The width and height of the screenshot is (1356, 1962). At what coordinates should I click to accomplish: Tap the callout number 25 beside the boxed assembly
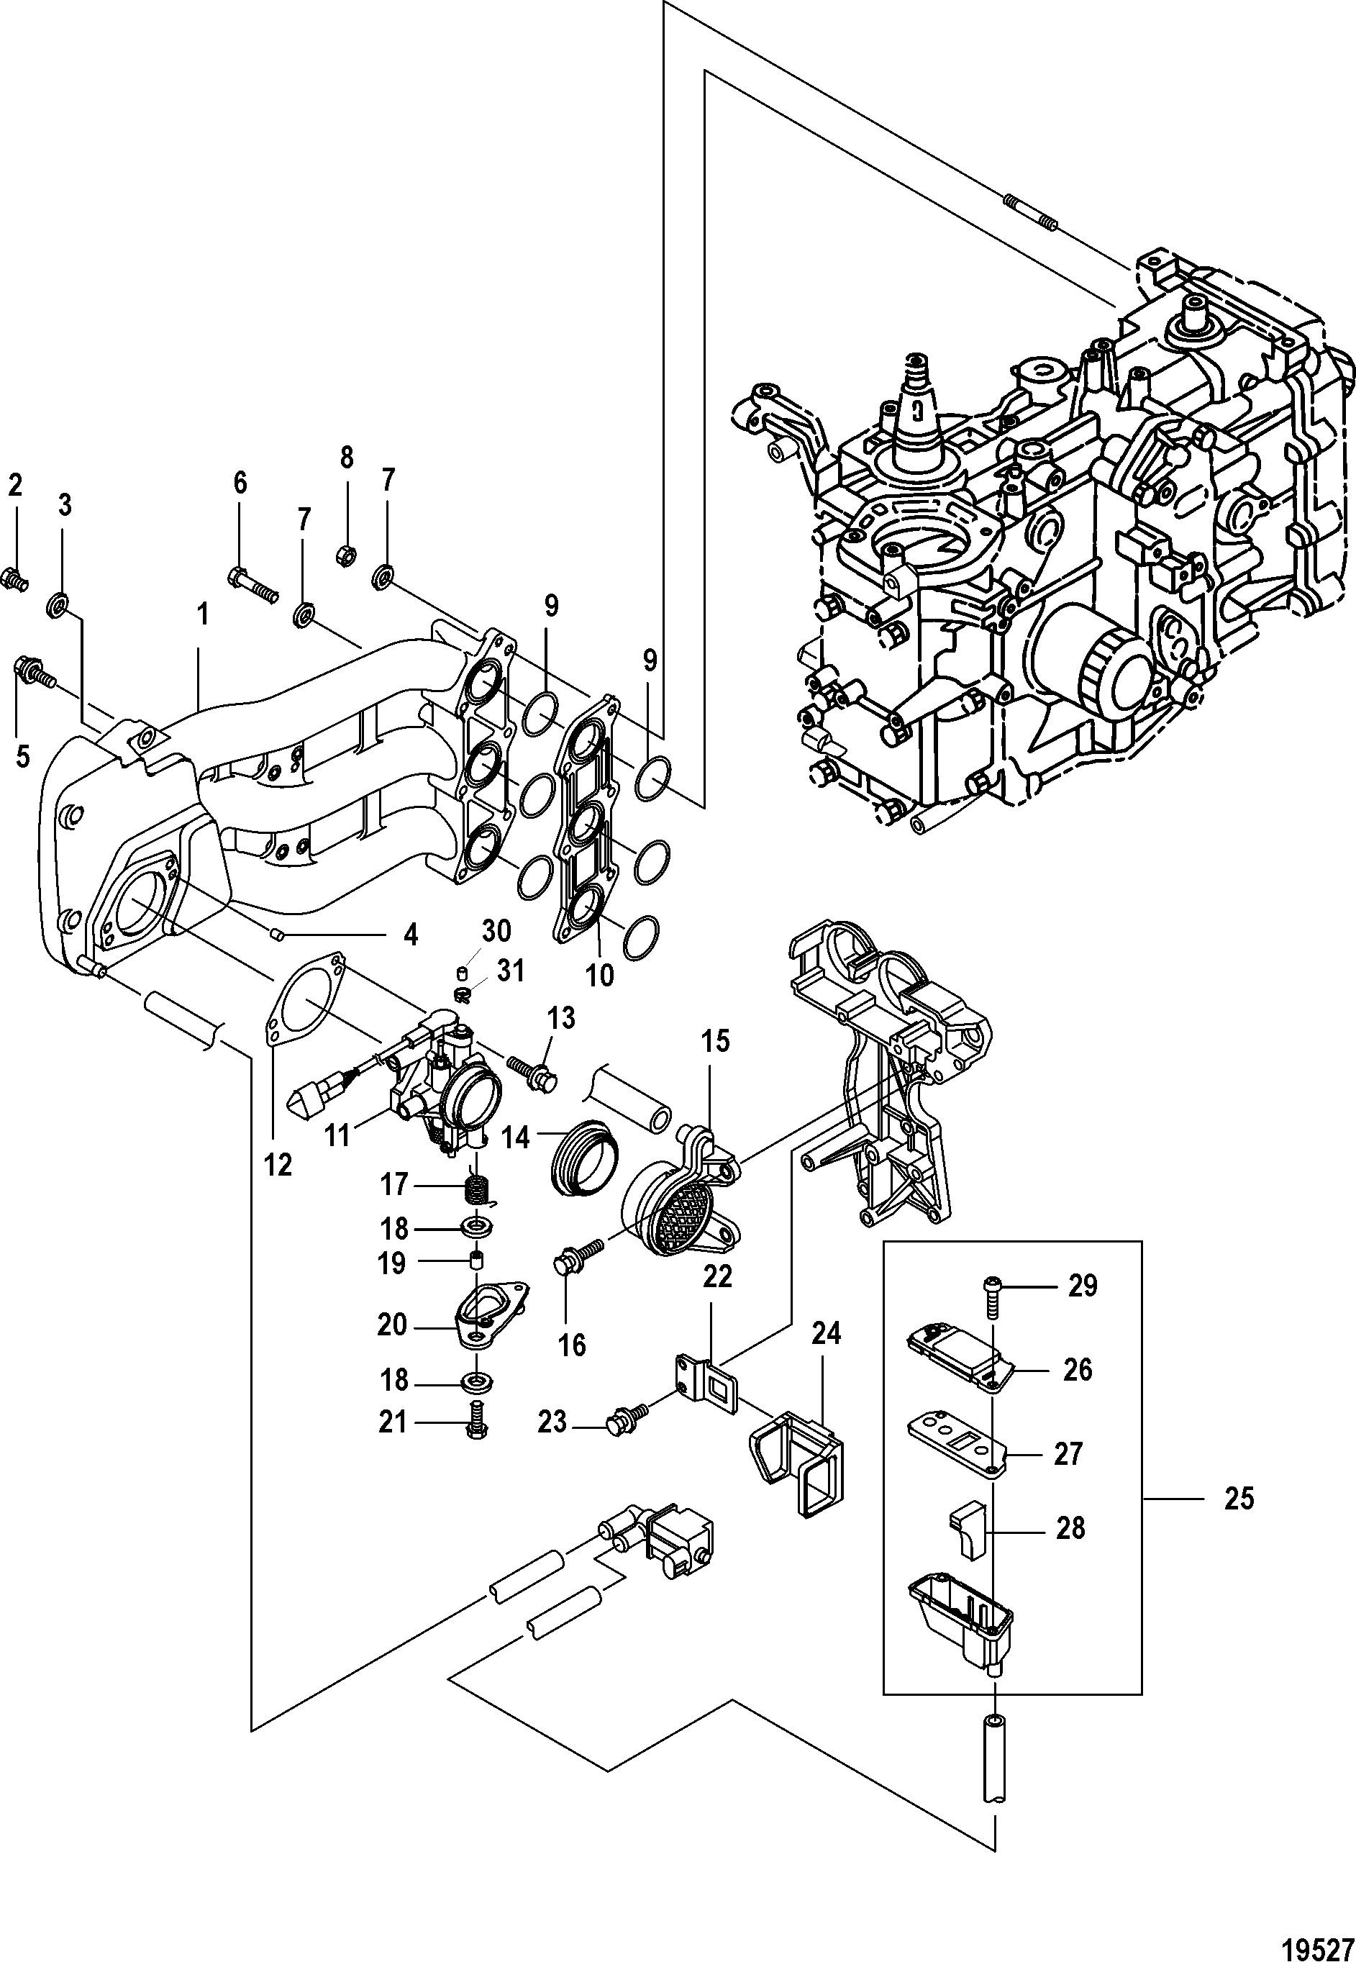[1239, 1499]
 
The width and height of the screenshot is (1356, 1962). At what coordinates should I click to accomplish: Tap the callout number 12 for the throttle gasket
[278, 1164]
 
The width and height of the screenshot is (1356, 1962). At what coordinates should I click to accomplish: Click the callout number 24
[825, 1335]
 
